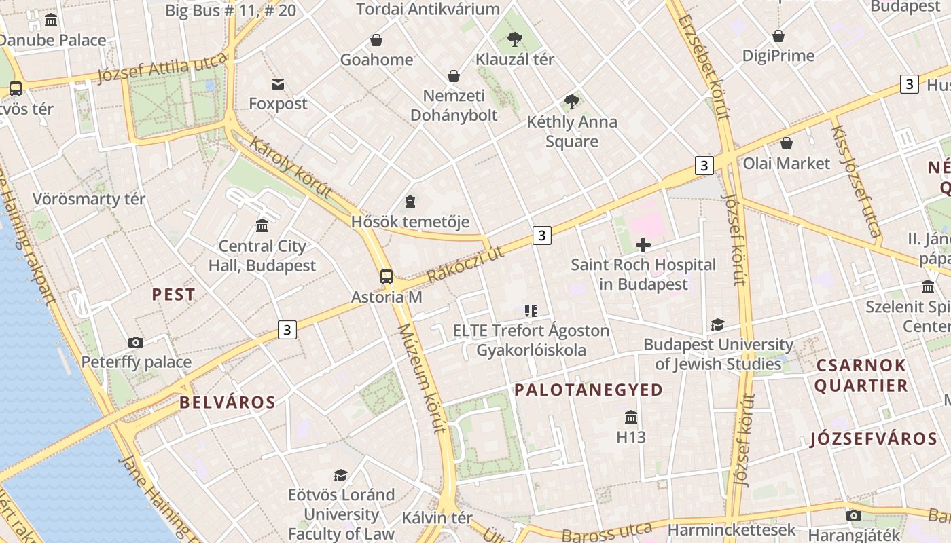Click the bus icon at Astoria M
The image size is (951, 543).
click(x=387, y=276)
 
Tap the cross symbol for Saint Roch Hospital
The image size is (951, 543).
click(x=643, y=244)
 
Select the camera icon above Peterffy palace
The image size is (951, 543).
click(x=136, y=342)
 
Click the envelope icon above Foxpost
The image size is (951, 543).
click(x=278, y=84)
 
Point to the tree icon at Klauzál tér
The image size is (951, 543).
click(x=515, y=39)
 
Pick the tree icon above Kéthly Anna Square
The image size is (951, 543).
click(x=572, y=102)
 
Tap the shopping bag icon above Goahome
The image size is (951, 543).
click(x=376, y=40)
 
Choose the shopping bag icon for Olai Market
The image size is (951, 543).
click(x=787, y=143)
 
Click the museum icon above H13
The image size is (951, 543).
click(x=631, y=417)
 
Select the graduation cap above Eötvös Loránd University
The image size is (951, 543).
click(x=340, y=475)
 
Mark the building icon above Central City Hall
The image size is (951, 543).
click(x=262, y=225)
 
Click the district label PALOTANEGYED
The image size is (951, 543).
click(x=588, y=390)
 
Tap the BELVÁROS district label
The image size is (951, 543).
click(x=228, y=402)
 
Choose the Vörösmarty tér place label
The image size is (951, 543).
click(x=89, y=199)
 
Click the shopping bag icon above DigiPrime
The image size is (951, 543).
click(x=778, y=36)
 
